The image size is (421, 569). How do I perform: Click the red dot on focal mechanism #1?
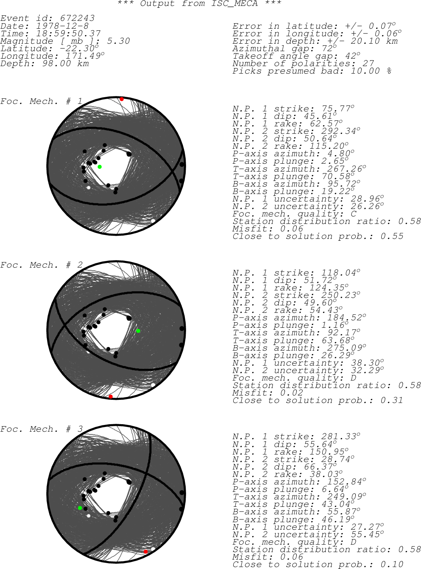(122, 99)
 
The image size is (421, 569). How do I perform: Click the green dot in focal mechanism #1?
(100, 167)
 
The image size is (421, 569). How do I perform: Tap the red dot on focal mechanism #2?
(111, 397)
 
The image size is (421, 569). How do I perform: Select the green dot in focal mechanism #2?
(138, 331)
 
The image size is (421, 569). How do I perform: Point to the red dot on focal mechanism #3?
(146, 552)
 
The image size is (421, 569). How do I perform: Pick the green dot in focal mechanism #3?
(80, 508)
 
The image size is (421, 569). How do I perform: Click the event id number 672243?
(78, 18)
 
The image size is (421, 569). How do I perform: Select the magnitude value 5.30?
(118, 41)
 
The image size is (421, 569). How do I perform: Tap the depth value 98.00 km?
(66, 63)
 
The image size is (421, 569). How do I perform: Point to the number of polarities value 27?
(368, 63)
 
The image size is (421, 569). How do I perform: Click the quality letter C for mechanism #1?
(353, 214)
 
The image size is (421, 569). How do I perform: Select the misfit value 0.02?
(292, 392)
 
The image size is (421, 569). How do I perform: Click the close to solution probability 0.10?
(392, 564)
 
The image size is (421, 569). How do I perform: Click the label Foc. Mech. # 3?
(41, 429)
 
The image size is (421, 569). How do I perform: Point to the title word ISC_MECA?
(235, 4)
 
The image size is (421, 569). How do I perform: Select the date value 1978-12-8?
(62, 26)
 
